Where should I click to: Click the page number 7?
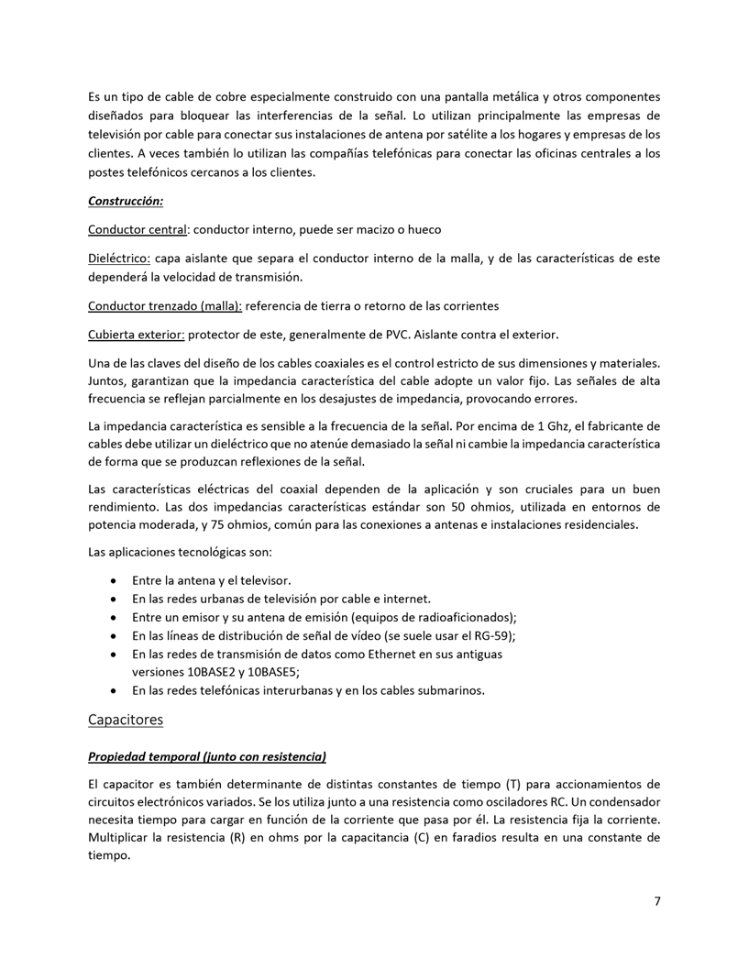[x=656, y=900]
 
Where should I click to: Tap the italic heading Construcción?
[x=126, y=200]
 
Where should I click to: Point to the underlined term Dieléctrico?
[x=119, y=259]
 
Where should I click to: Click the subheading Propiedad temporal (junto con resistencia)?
[x=207, y=757]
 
